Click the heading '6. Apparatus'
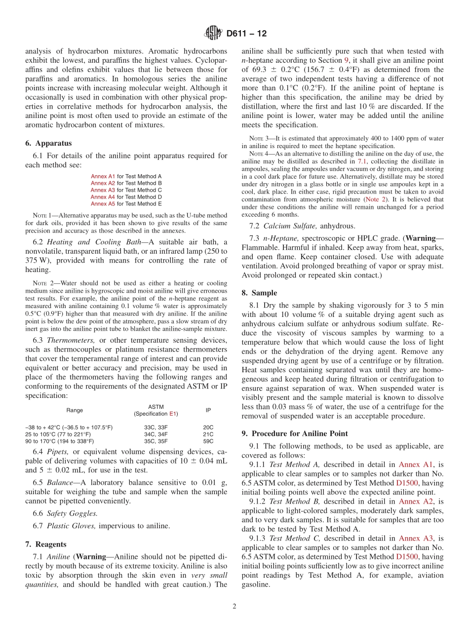[x=48, y=143]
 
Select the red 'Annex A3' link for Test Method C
[x=103, y=190]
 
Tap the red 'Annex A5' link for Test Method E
[x=103, y=204]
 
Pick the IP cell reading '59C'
[x=208, y=441]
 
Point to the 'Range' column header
[x=75, y=410]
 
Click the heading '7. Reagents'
[x=45, y=544]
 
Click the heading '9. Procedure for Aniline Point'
[x=295, y=433]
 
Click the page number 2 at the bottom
[x=234, y=606]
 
